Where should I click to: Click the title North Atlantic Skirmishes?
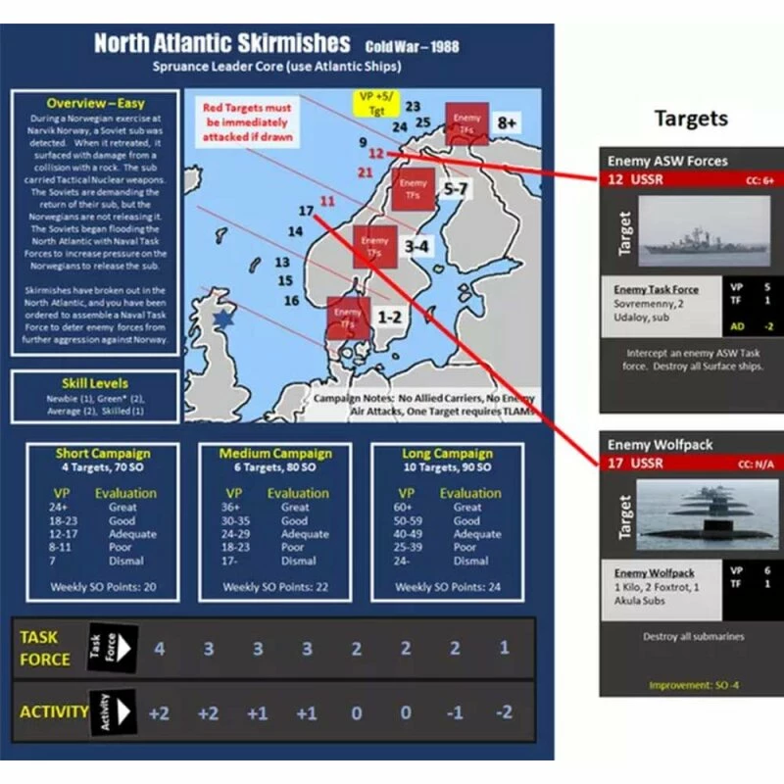point(221,44)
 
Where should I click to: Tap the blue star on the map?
point(224,318)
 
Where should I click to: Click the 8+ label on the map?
point(507,122)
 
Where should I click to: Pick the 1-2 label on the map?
point(390,318)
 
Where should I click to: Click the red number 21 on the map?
point(366,172)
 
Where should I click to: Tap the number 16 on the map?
point(290,301)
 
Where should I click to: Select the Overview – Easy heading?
point(96,103)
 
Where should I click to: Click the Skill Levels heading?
point(95,383)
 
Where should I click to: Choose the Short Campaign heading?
point(104,454)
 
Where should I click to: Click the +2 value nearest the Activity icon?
point(158,712)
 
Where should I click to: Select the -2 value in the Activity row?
point(504,712)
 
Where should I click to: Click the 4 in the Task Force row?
point(158,649)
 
